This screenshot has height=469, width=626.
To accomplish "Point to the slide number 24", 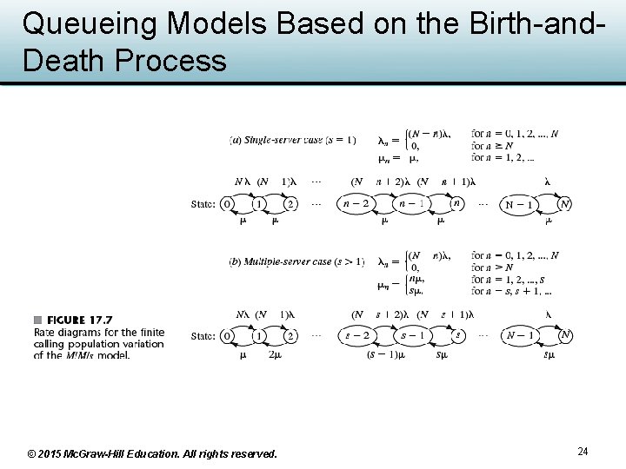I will [x=583, y=452].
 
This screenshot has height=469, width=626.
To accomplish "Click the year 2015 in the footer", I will [x=55, y=453].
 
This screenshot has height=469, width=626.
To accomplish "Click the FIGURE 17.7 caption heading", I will [x=79, y=320].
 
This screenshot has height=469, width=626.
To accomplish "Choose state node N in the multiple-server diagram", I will [x=565, y=335].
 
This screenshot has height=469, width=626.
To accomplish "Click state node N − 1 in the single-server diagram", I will [x=519, y=205].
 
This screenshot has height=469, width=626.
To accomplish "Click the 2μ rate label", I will [x=275, y=354].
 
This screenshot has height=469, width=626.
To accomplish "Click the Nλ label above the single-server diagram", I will [x=243, y=182].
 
